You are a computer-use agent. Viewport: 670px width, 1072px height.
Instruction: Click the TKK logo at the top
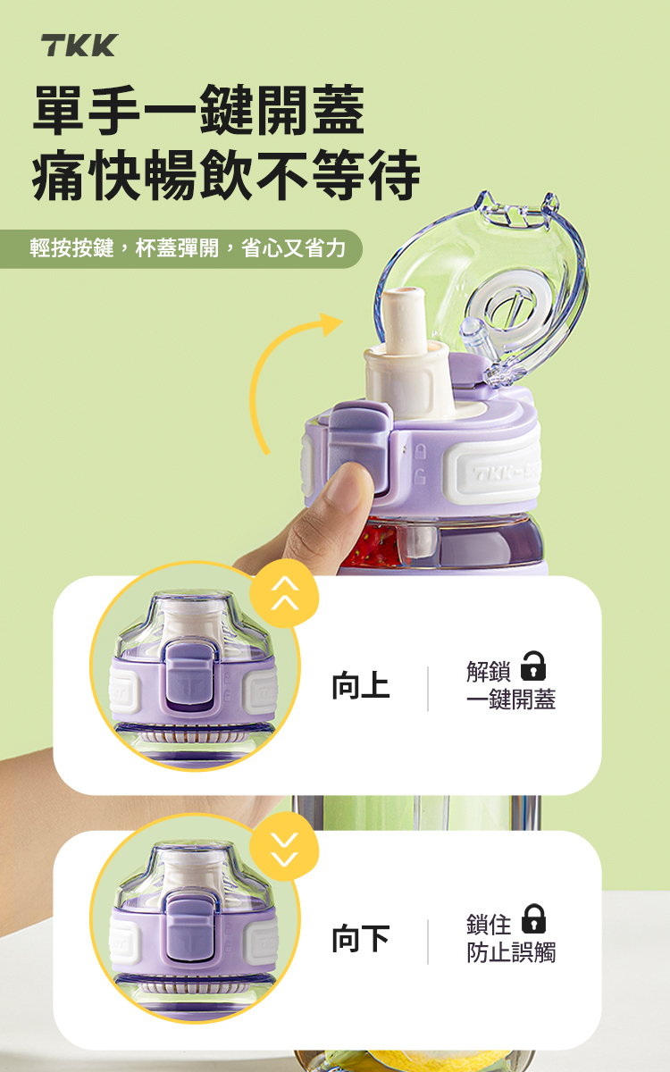[x=79, y=46]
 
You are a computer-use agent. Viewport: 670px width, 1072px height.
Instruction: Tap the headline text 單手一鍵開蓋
[x=199, y=110]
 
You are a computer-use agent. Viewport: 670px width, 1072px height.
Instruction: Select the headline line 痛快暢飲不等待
[x=226, y=174]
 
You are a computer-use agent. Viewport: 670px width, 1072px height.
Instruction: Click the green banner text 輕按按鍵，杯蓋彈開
[x=124, y=248]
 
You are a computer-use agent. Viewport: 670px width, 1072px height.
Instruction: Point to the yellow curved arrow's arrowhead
[x=331, y=323]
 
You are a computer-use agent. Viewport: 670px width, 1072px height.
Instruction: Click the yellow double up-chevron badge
[x=284, y=594]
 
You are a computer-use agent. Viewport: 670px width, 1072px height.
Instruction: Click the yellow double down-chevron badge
[x=284, y=847]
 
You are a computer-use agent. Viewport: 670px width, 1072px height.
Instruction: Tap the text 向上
[x=361, y=685]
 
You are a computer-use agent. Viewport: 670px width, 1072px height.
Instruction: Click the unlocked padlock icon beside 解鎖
[x=533, y=666]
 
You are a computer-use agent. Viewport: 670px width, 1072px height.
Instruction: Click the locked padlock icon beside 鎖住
[x=533, y=918]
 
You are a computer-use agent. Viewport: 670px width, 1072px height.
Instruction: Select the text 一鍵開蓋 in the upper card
[x=511, y=699]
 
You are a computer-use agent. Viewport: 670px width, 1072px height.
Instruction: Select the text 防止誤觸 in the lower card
[x=511, y=952]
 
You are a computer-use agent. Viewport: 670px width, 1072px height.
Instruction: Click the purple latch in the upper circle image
[x=190, y=674]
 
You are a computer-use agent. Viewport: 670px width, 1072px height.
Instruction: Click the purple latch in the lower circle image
[x=190, y=929]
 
